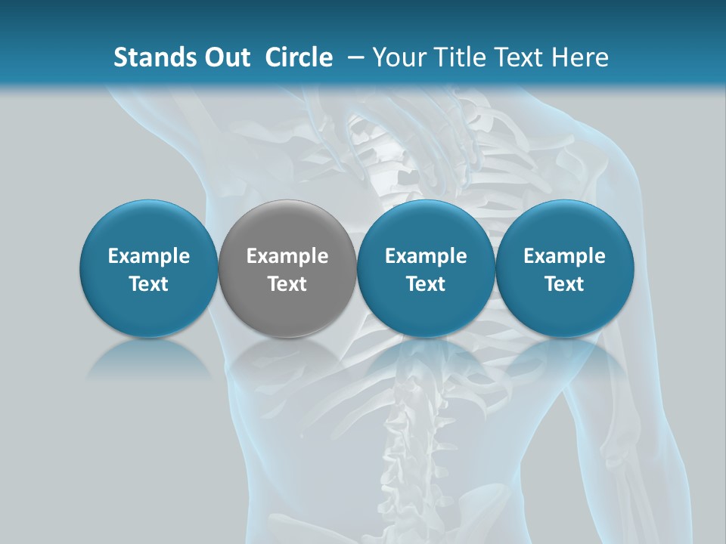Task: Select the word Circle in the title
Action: click(x=299, y=57)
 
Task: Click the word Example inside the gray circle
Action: click(x=287, y=256)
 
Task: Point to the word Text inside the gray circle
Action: click(x=287, y=284)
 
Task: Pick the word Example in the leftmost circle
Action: click(x=149, y=256)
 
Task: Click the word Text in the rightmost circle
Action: click(x=564, y=284)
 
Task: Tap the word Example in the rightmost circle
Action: click(x=564, y=256)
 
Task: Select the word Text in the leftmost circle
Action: click(x=149, y=284)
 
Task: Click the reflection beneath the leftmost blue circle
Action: click(x=149, y=358)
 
